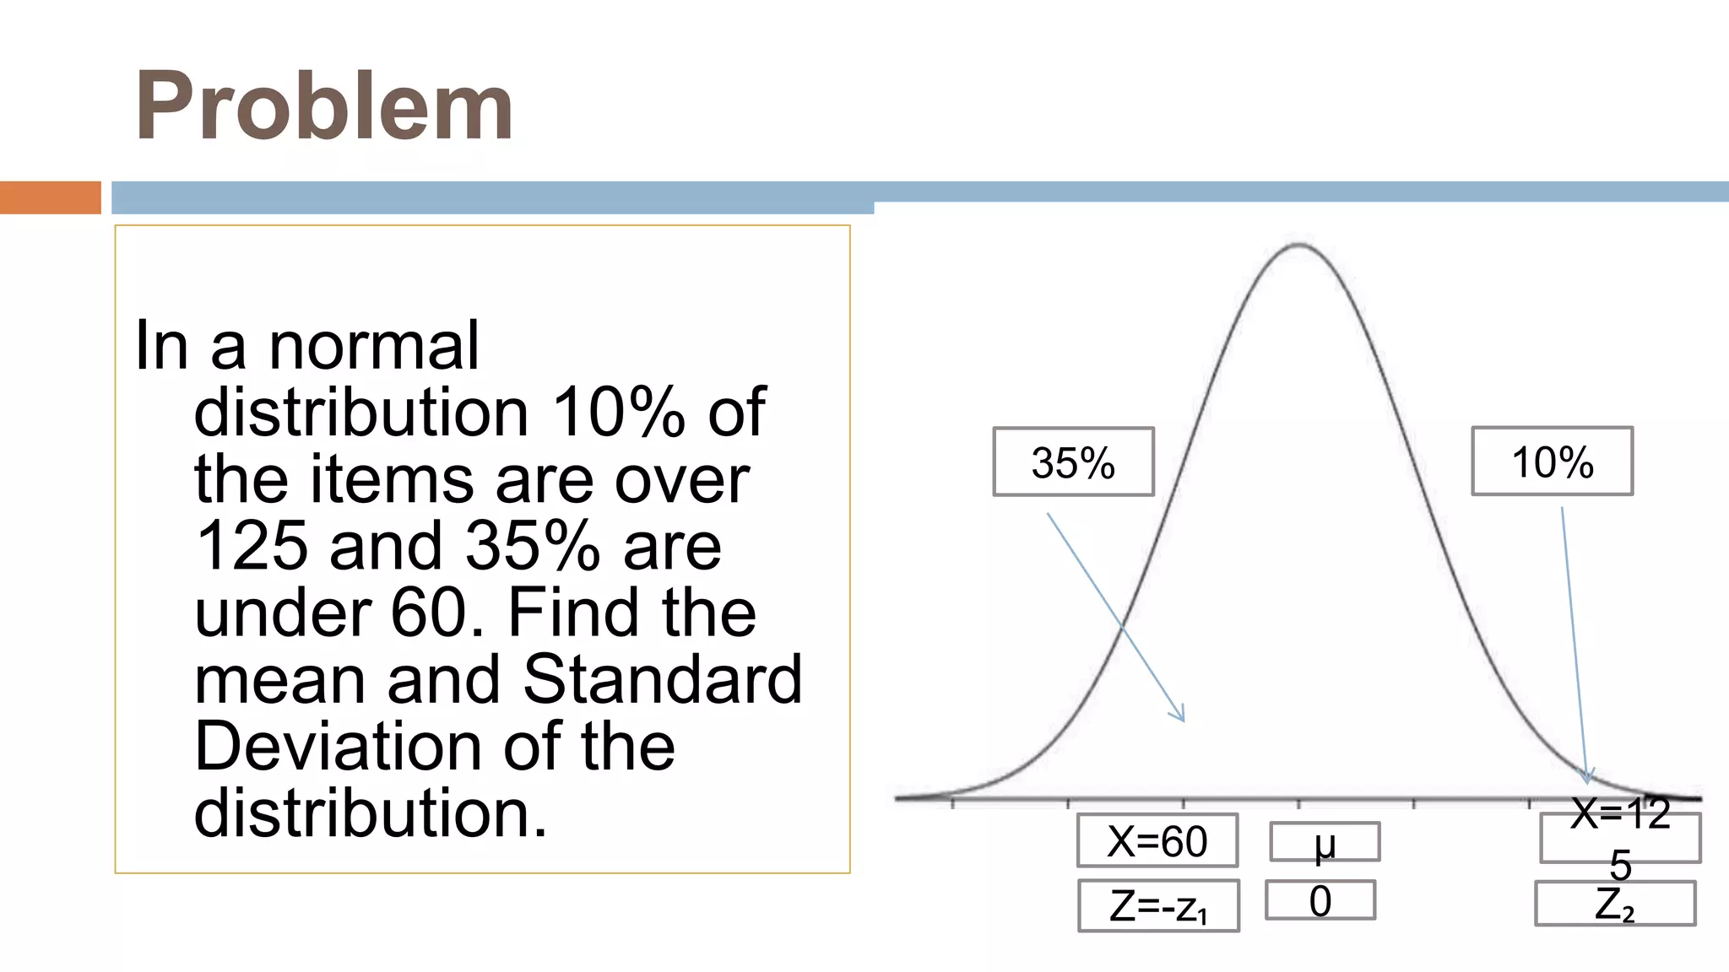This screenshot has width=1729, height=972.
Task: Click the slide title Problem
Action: pyautogui.click(x=324, y=106)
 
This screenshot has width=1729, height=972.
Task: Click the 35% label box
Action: pyautogui.click(x=1073, y=462)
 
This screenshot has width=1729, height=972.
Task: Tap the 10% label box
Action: pyautogui.click(x=1552, y=462)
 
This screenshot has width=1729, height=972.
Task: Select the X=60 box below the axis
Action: pyautogui.click(x=1157, y=840)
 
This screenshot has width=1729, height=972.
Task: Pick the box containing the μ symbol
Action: pyautogui.click(x=1325, y=842)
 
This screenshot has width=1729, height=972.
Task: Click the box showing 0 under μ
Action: pyautogui.click(x=1320, y=900)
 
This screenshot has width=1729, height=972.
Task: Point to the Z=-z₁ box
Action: pyautogui.click(x=1158, y=906)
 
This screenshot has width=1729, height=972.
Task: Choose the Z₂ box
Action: pyautogui.click(x=1614, y=904)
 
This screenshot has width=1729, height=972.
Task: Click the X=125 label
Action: pyautogui.click(x=1620, y=837)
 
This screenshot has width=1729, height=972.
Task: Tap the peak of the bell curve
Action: pyautogui.click(x=1298, y=246)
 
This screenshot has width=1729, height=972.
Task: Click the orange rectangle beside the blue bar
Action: pyautogui.click(x=51, y=197)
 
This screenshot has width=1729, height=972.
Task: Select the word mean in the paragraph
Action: pyautogui.click(x=279, y=680)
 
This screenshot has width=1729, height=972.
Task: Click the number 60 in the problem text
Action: pyautogui.click(x=429, y=613)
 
